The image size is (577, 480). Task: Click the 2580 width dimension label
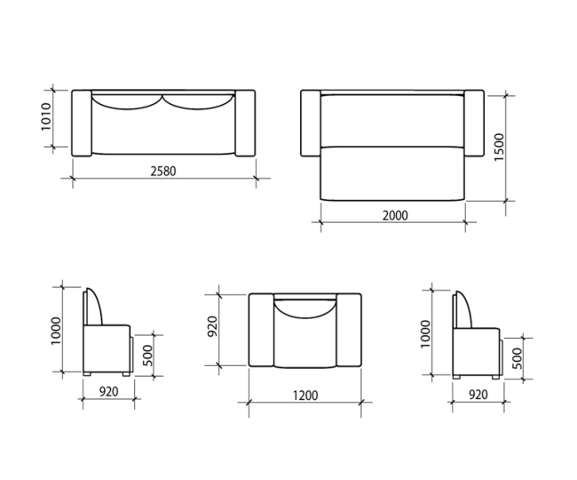click(163, 172)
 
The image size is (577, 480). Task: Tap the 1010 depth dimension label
click(45, 116)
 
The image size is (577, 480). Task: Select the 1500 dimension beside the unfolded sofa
click(499, 147)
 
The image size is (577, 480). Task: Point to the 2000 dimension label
click(395, 215)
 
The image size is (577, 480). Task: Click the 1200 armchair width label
click(305, 396)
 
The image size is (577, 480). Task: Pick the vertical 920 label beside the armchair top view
click(213, 326)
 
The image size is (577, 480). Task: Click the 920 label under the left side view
click(109, 392)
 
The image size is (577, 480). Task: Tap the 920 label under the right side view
click(478, 395)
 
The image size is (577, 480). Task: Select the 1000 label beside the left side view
click(56, 331)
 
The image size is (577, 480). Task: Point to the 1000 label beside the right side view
click(425, 333)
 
